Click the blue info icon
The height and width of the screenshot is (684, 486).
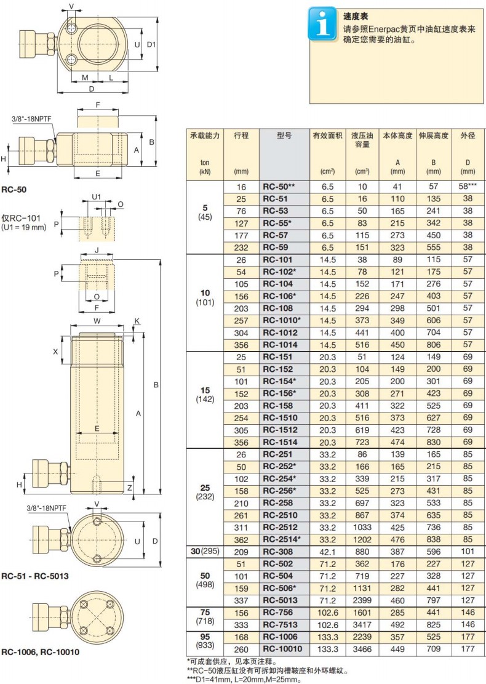(x=322, y=24)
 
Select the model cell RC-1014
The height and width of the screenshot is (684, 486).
(x=280, y=345)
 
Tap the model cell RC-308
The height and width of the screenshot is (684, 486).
(x=277, y=552)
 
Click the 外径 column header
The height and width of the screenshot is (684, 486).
(x=468, y=135)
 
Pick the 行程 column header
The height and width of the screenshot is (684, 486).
(x=241, y=135)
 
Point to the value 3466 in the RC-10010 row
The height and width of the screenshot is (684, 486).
(x=362, y=649)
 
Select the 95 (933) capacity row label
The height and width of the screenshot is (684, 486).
(x=205, y=641)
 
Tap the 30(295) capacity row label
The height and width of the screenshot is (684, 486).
(x=205, y=552)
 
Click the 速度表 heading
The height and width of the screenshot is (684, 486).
(x=355, y=17)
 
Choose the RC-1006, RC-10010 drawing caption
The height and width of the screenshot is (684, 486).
(x=40, y=652)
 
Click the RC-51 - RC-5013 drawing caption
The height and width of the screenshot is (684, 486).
(x=35, y=576)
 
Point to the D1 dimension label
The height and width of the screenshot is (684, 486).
(x=151, y=44)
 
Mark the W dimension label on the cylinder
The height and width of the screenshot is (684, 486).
(x=97, y=321)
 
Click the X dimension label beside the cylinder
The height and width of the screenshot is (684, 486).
(x=55, y=351)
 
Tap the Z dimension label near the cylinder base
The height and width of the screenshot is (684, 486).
(x=129, y=488)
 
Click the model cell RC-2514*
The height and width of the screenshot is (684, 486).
(x=282, y=539)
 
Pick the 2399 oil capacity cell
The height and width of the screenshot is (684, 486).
(x=362, y=600)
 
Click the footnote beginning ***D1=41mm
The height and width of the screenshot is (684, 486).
(x=244, y=680)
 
